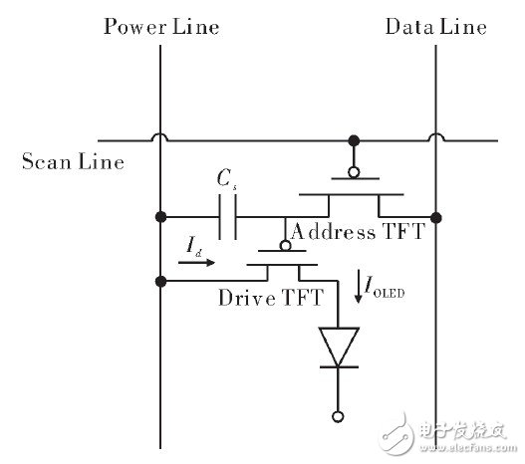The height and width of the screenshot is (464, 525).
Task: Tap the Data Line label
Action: [435, 26]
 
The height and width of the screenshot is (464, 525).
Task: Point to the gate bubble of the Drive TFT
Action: [285, 245]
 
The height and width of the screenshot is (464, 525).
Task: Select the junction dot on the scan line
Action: [352, 139]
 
